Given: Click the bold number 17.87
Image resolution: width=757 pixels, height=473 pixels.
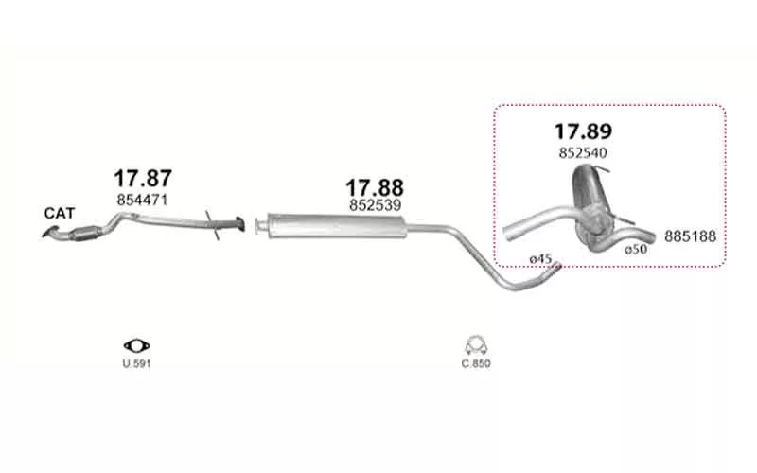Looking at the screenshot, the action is [x=143, y=179].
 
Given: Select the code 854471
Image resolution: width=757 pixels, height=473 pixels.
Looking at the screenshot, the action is [x=142, y=200].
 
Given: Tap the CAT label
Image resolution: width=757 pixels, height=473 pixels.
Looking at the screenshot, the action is [x=60, y=214].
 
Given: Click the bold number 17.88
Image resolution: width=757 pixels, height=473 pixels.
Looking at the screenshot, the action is [x=375, y=187].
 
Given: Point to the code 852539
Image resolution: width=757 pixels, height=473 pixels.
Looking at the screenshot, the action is [x=375, y=205].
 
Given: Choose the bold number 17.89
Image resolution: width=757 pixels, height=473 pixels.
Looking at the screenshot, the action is [x=583, y=131].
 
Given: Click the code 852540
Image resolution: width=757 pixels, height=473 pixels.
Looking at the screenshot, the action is [x=583, y=153].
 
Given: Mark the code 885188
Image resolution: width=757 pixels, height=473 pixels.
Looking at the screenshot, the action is [x=691, y=236].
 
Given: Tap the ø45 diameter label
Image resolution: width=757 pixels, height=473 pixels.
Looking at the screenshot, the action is [x=540, y=259].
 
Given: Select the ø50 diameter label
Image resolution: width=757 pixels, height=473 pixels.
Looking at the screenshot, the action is [x=636, y=250].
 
